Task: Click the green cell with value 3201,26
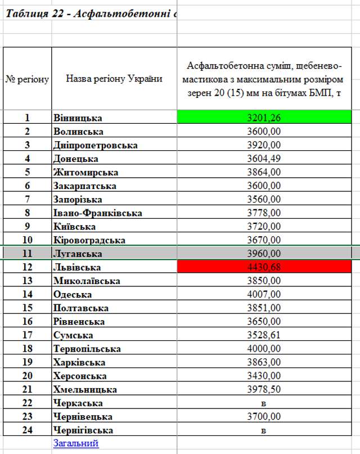pyautogui.click(x=264, y=118)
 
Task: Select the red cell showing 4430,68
pyautogui.click(x=264, y=267)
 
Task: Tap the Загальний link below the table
pyautogui.click(x=76, y=443)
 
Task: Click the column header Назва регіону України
pyautogui.click(x=114, y=79)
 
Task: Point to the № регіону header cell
pyautogui.click(x=28, y=79)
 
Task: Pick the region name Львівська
pyautogui.click(x=78, y=267)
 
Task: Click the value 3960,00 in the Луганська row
pyautogui.click(x=264, y=253)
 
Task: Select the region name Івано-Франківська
pyautogui.click(x=98, y=213)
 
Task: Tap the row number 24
pyautogui.click(x=27, y=430)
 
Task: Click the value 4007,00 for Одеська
pyautogui.click(x=264, y=294)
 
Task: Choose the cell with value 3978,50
pyautogui.click(x=264, y=389)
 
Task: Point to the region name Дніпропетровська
pyautogui.click(x=96, y=145)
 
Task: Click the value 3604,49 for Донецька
pyautogui.click(x=264, y=159)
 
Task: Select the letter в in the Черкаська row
pyautogui.click(x=264, y=403)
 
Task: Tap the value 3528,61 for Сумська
pyautogui.click(x=264, y=335)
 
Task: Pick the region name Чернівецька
pyautogui.click(x=83, y=417)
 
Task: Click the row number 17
pyautogui.click(x=27, y=335)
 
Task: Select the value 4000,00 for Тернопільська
pyautogui.click(x=264, y=349)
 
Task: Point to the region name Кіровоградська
pyautogui.click(x=89, y=240)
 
